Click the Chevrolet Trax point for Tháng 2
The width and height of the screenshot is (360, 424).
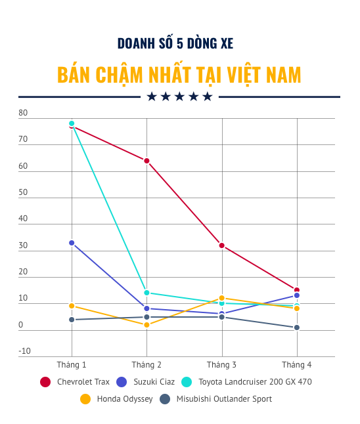[x=146, y=161]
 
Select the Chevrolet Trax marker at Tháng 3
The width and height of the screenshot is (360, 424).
[x=222, y=245]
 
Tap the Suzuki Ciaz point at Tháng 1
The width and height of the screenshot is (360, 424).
[x=72, y=243]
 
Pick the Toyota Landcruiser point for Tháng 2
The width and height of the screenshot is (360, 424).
[x=146, y=293]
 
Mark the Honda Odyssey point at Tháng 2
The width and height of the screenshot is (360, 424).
[x=146, y=325]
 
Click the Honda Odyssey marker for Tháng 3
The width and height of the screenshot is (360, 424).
[x=222, y=298]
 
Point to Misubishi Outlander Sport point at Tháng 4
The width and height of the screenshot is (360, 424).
[x=297, y=328]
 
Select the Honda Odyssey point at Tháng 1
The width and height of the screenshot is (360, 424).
[x=72, y=306]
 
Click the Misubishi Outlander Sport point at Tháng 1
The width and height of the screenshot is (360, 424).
[x=72, y=320]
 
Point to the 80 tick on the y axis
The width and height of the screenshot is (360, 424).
[x=24, y=114]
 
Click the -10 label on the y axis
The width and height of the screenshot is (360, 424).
[x=24, y=351]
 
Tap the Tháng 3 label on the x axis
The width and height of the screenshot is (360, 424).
[x=222, y=364]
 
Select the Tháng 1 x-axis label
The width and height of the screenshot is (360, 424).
[x=72, y=364]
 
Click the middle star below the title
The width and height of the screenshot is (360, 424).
[x=179, y=96]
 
